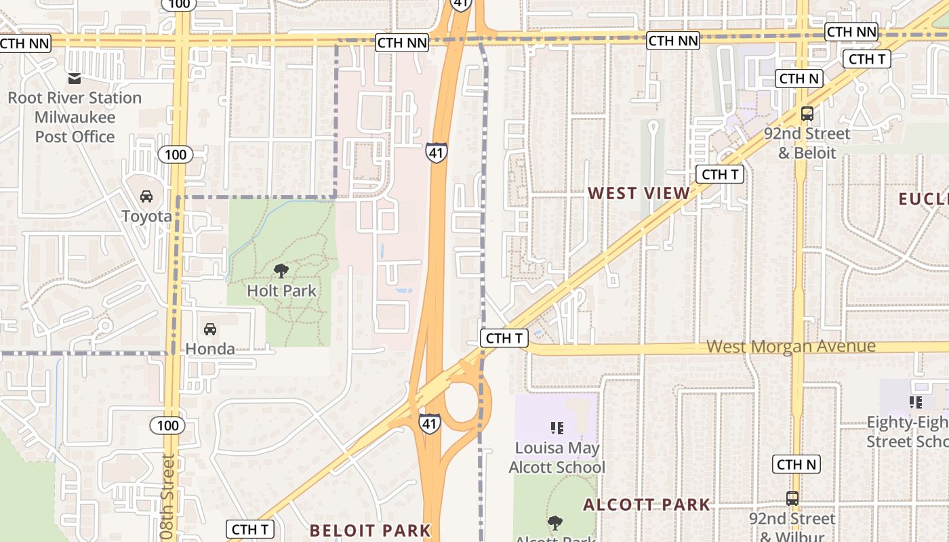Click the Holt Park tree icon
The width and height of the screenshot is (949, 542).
(x=281, y=271)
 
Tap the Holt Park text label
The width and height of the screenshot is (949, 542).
(x=281, y=291)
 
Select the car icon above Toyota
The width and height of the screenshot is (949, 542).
(x=146, y=196)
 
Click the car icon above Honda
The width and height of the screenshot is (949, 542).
(x=210, y=329)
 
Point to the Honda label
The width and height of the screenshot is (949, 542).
(x=210, y=349)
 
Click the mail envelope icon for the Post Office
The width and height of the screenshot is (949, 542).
(x=75, y=79)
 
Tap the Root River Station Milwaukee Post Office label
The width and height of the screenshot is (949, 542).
(x=75, y=117)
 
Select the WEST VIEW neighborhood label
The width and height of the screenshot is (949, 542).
(x=639, y=193)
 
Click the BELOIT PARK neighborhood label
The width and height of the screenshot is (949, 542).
(x=370, y=530)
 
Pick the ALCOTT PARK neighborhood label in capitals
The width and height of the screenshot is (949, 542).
(x=647, y=505)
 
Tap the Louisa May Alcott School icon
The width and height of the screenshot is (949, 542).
(x=557, y=428)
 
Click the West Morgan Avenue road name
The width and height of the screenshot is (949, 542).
(x=791, y=347)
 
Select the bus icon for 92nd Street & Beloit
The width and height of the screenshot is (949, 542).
(x=807, y=113)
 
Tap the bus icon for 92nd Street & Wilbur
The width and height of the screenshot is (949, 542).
(x=792, y=498)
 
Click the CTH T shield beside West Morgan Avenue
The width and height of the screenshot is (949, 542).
(x=504, y=338)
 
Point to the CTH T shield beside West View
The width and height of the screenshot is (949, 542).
(x=720, y=174)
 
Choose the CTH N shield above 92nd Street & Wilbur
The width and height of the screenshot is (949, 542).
(x=796, y=464)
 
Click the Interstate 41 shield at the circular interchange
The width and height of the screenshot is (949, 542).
(x=429, y=422)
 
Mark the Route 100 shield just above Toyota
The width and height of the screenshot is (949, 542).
(x=175, y=154)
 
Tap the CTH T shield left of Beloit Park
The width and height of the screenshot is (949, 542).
(x=250, y=529)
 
